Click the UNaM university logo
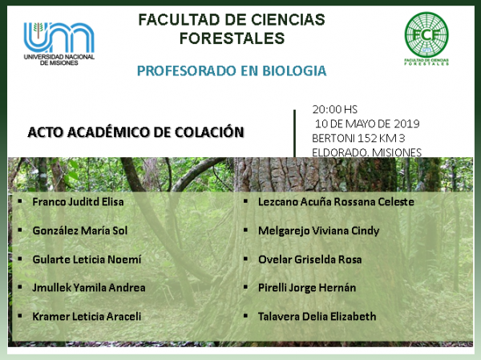click(59, 43)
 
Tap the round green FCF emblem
click(426, 34)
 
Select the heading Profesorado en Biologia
click(232, 71)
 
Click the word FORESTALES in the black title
click(232, 38)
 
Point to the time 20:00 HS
click(334, 109)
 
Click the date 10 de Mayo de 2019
click(367, 123)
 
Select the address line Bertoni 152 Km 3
click(358, 138)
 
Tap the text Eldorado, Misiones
click(366, 152)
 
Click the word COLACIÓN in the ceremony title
click(209, 132)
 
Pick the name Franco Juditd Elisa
click(78, 201)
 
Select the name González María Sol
click(79, 230)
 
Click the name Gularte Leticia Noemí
click(87, 259)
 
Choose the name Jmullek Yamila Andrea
click(89, 288)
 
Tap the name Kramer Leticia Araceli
click(87, 317)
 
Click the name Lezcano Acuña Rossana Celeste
click(336, 201)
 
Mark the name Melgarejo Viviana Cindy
click(319, 231)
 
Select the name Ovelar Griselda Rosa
click(309, 259)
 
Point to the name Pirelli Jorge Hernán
click(307, 288)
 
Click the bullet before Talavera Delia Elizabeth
click(245, 315)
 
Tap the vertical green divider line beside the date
click(295, 134)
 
